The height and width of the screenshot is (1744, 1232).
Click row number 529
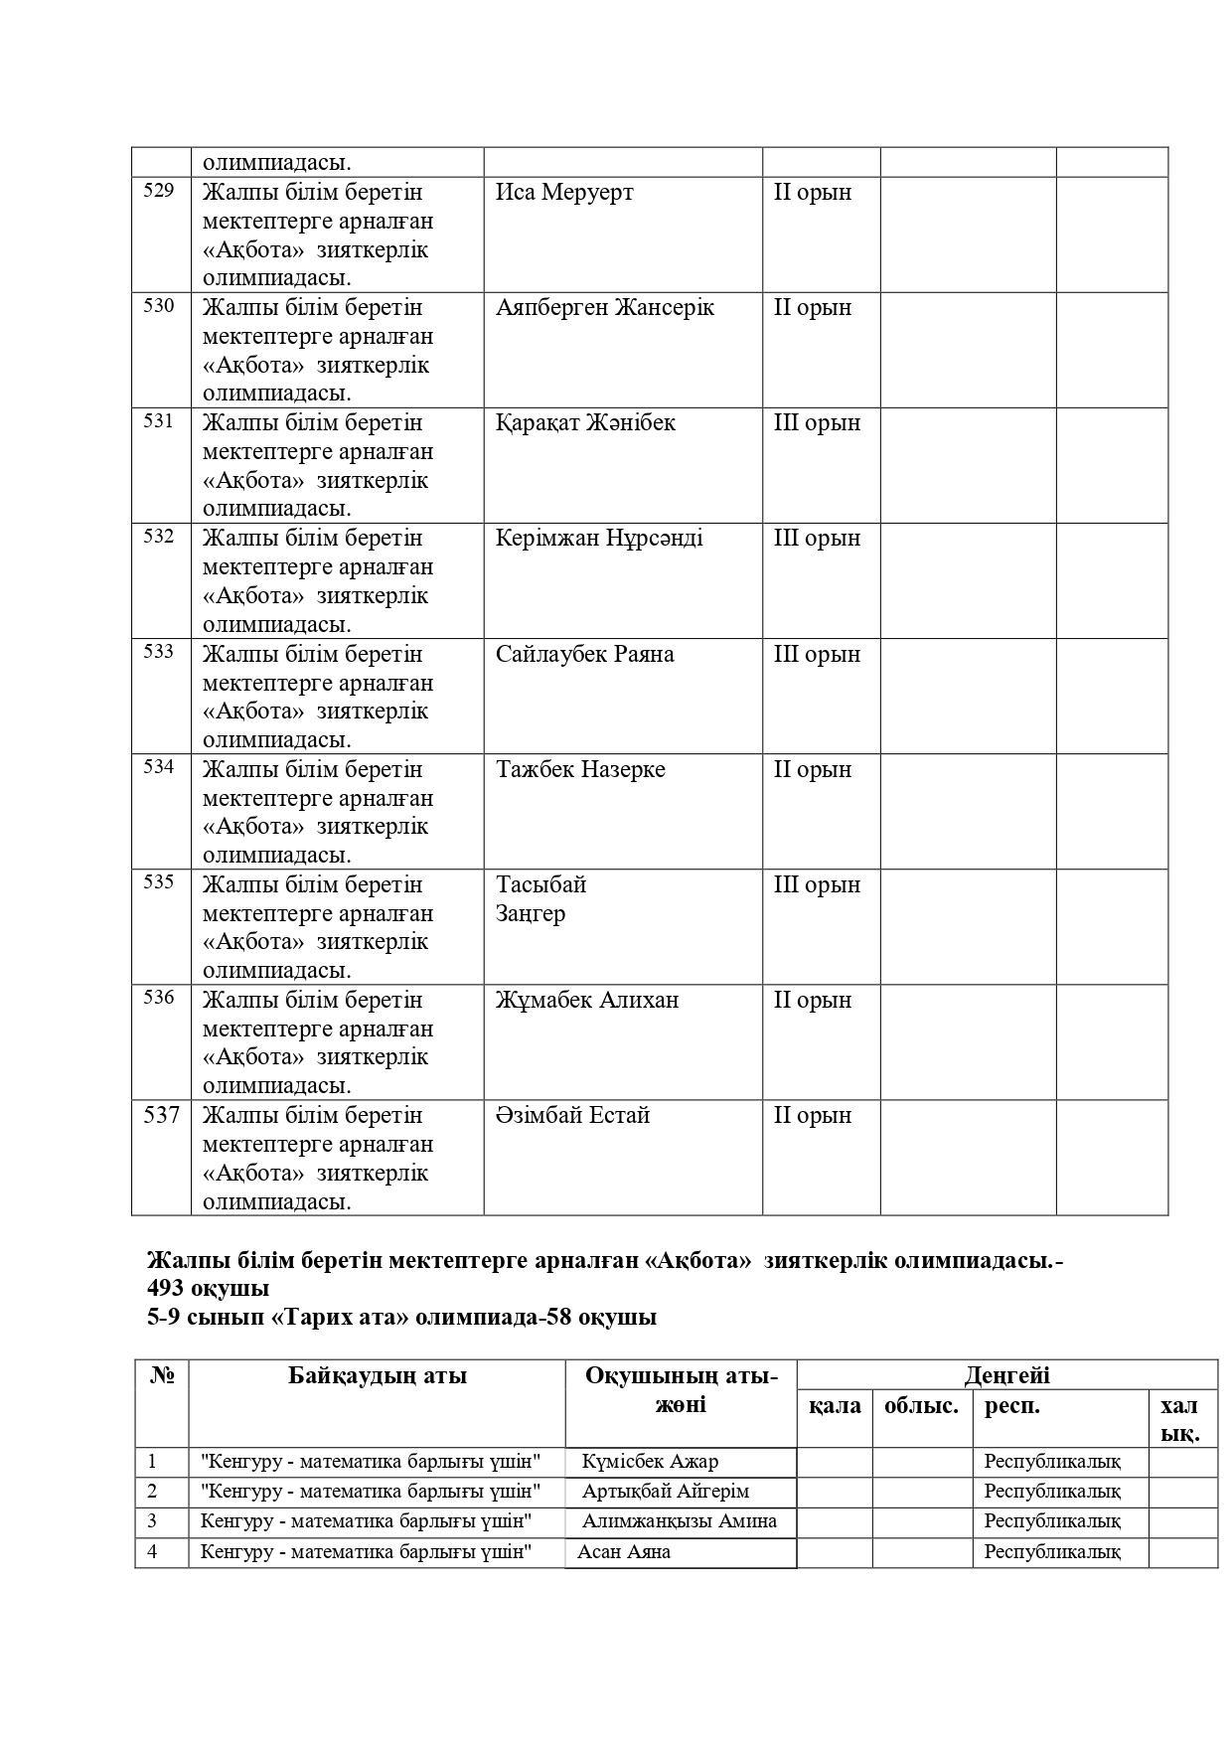159,190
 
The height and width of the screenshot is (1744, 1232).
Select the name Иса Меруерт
564,192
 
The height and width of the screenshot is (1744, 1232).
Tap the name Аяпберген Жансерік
605,307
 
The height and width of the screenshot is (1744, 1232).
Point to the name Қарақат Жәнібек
585,422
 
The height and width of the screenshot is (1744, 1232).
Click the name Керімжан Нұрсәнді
599,538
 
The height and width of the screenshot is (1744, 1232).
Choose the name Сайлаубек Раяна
585,654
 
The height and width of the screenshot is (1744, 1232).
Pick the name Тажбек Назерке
580,769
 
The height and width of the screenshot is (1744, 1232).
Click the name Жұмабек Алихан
587,1000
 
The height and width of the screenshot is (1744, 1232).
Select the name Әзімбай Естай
573,1115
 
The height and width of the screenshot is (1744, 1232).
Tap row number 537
161,1115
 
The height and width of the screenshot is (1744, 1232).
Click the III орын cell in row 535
817,884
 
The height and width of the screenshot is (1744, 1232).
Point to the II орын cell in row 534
813,769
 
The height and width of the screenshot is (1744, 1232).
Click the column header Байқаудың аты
378,1375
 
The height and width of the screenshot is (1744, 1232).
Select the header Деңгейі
1006,1375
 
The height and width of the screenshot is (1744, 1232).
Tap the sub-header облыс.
921,1406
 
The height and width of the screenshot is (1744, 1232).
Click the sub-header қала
835,1406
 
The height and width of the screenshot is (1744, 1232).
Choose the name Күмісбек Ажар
651,1462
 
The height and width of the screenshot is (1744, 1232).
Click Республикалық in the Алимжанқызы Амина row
1052,1521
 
